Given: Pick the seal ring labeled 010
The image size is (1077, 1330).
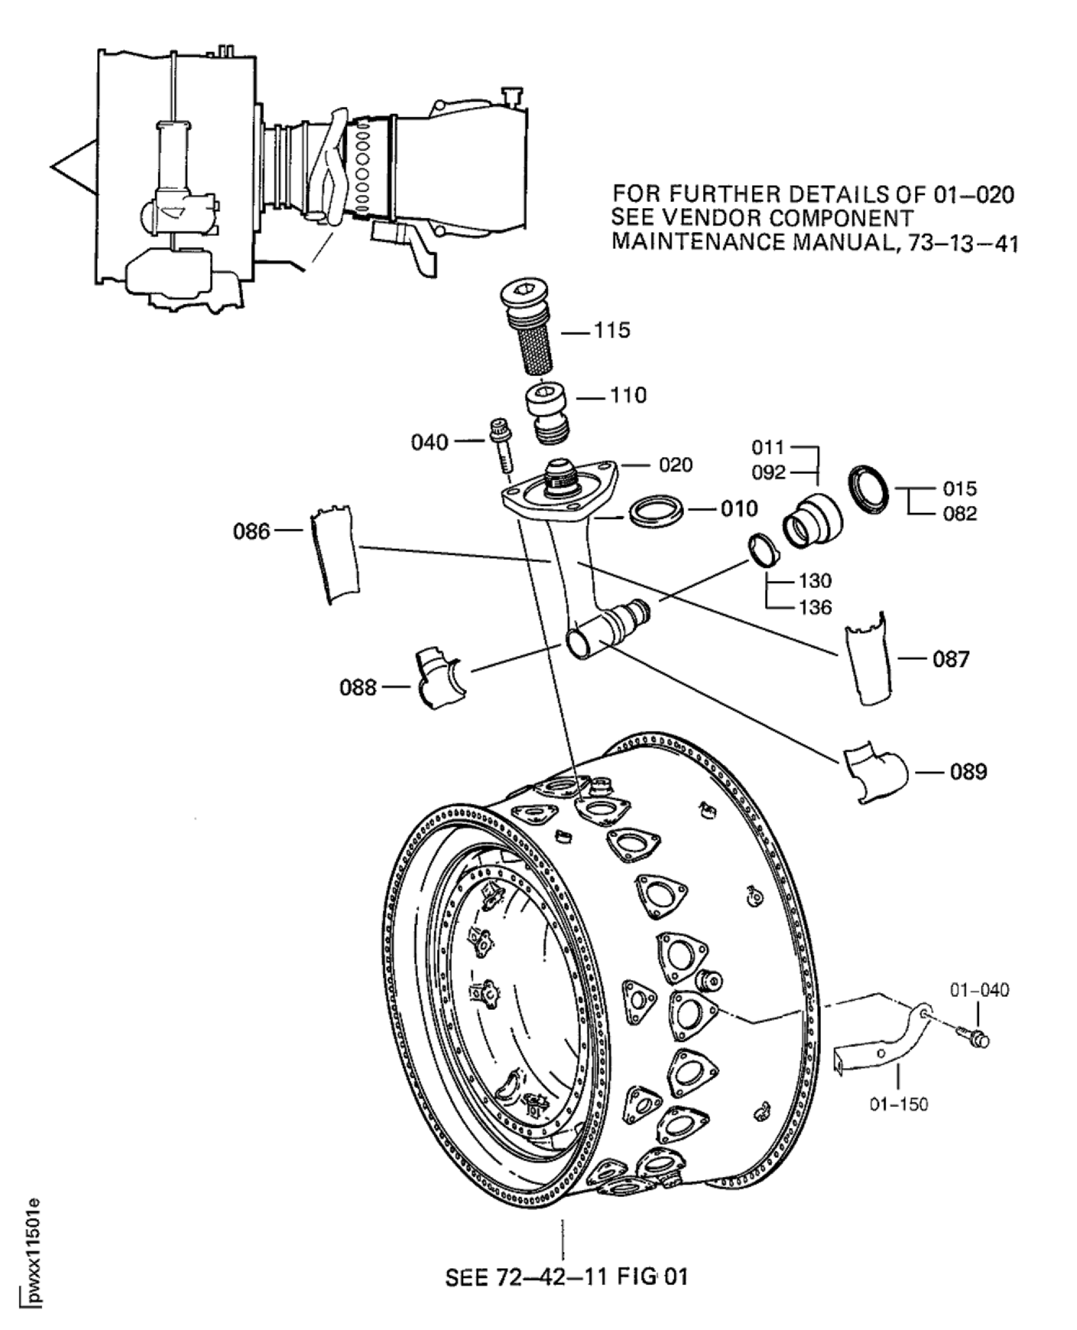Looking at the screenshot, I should (656, 514).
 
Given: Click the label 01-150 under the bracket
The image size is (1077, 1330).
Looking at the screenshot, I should (899, 1105).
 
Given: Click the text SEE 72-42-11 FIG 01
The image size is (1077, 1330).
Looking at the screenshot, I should (566, 1277).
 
